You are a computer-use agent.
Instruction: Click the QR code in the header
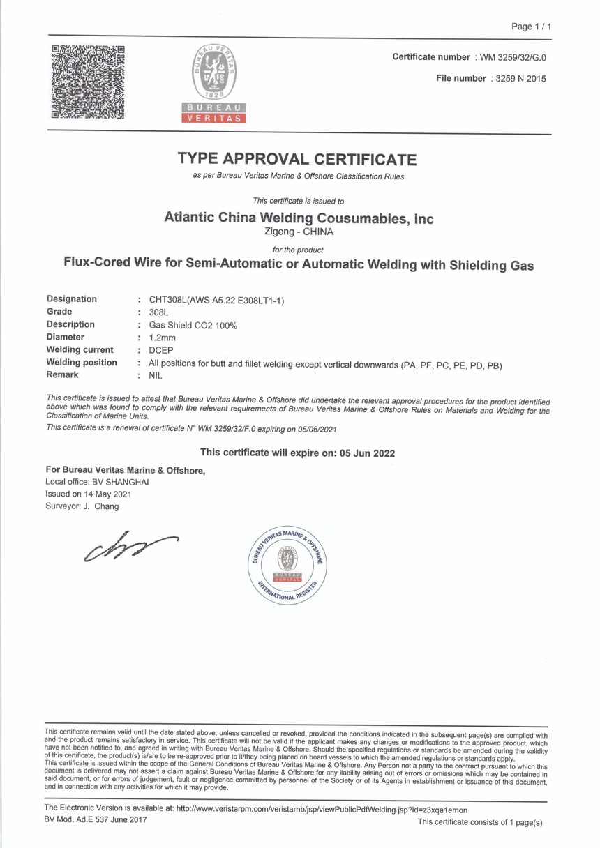click(88, 82)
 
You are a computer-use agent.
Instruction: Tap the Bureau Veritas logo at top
click(215, 82)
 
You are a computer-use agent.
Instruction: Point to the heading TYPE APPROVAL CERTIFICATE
click(297, 159)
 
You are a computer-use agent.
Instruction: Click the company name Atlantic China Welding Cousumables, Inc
click(299, 218)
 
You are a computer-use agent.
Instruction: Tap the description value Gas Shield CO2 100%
click(188, 325)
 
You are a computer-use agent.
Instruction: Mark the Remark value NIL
click(156, 375)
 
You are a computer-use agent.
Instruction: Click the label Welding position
click(82, 363)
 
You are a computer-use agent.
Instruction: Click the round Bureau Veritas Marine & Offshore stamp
click(287, 565)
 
